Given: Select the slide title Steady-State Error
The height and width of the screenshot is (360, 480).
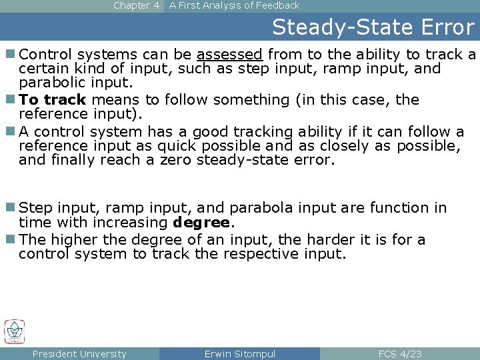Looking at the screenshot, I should (x=373, y=27).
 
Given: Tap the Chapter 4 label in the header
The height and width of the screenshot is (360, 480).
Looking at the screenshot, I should (x=137, y=5).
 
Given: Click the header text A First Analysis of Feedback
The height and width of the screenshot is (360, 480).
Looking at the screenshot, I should (x=234, y=5).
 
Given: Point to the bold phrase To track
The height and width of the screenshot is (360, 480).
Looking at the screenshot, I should (x=53, y=100).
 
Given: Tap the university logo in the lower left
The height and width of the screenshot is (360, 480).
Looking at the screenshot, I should (x=15, y=331).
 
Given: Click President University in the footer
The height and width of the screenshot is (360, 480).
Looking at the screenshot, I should (x=79, y=354).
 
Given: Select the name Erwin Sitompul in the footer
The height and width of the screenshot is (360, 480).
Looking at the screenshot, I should (x=239, y=354).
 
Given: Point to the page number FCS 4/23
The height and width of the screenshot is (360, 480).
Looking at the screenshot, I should (x=399, y=354).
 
